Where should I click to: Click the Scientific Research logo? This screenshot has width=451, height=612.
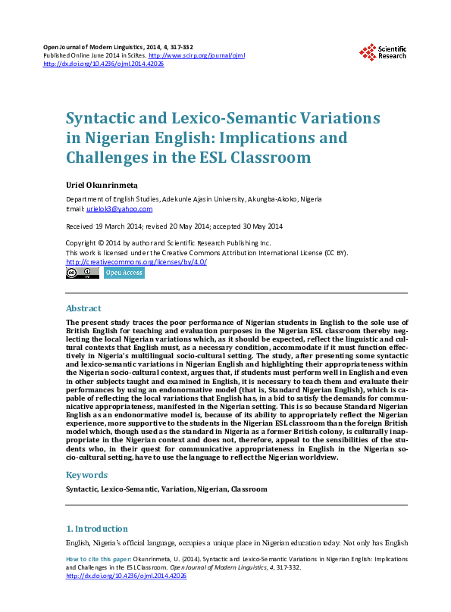(383, 52)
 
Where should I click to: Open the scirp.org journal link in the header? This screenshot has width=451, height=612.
(197, 55)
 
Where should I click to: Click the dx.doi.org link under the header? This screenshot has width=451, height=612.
(104, 64)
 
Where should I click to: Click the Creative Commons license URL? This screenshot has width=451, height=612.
(136, 262)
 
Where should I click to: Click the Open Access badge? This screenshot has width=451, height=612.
(124, 273)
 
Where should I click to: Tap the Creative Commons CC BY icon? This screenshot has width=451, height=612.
(83, 273)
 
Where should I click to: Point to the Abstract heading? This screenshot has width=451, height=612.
(83, 309)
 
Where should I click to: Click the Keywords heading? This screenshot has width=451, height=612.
(86, 475)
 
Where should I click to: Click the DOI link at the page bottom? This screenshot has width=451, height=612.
(127, 576)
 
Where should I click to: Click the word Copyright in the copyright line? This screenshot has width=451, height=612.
(83, 243)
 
